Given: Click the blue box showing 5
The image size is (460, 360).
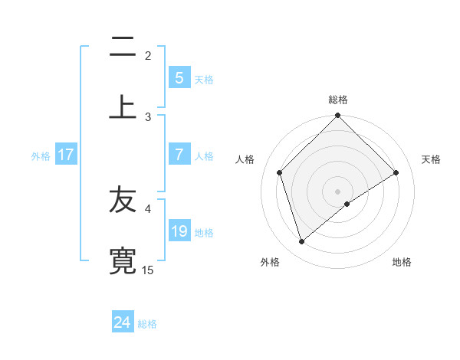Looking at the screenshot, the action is click(x=179, y=77).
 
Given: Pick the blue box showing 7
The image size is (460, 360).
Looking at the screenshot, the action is click(x=179, y=155).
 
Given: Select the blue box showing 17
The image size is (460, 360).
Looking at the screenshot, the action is click(x=66, y=155).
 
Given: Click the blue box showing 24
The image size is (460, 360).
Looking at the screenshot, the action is click(x=122, y=322).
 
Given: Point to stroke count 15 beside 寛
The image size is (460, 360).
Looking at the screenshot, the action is click(x=148, y=270).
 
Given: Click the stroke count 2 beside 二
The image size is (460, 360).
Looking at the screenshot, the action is click(x=148, y=55).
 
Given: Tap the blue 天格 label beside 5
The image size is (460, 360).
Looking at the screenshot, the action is click(x=204, y=79).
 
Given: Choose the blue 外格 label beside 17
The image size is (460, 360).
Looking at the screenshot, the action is click(x=41, y=155).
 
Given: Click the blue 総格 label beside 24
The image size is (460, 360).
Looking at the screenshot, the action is click(x=147, y=324).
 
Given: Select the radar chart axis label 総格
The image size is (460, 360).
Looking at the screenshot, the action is click(x=338, y=100).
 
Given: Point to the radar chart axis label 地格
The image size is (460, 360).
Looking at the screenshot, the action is click(x=402, y=262).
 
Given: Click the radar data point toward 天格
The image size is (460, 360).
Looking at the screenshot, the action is click(x=396, y=172).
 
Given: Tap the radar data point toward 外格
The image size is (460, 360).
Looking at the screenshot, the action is click(x=301, y=242).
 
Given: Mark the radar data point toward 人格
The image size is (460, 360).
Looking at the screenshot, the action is click(x=280, y=172).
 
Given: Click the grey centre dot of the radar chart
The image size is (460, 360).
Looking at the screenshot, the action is click(x=338, y=191).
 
